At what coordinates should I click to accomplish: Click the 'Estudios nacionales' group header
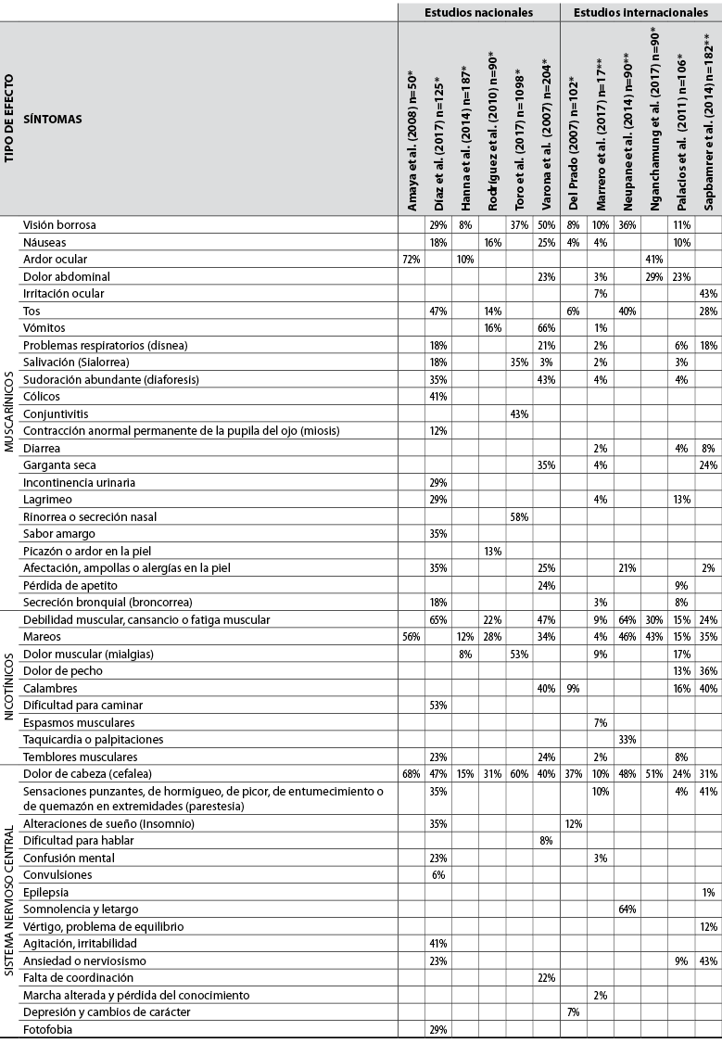pyautogui.click(x=478, y=12)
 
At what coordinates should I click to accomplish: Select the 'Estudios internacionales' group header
pyautogui.click(x=640, y=12)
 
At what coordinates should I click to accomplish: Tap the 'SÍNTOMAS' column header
pyautogui.click(x=52, y=119)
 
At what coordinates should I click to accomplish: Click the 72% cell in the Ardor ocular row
pyautogui.click(x=411, y=260)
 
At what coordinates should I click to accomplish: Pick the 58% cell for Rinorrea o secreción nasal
pyautogui.click(x=519, y=517)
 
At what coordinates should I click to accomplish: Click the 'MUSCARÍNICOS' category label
pyautogui.click(x=9, y=412)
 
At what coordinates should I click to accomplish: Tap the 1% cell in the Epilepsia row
pyautogui.click(x=708, y=892)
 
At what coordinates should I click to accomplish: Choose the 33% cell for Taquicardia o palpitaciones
pyautogui.click(x=627, y=739)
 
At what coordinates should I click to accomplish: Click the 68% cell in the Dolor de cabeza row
pyautogui.click(x=411, y=773)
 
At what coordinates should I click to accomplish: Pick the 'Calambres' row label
pyautogui.click(x=50, y=688)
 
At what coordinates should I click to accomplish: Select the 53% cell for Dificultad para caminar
pyautogui.click(x=437, y=705)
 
